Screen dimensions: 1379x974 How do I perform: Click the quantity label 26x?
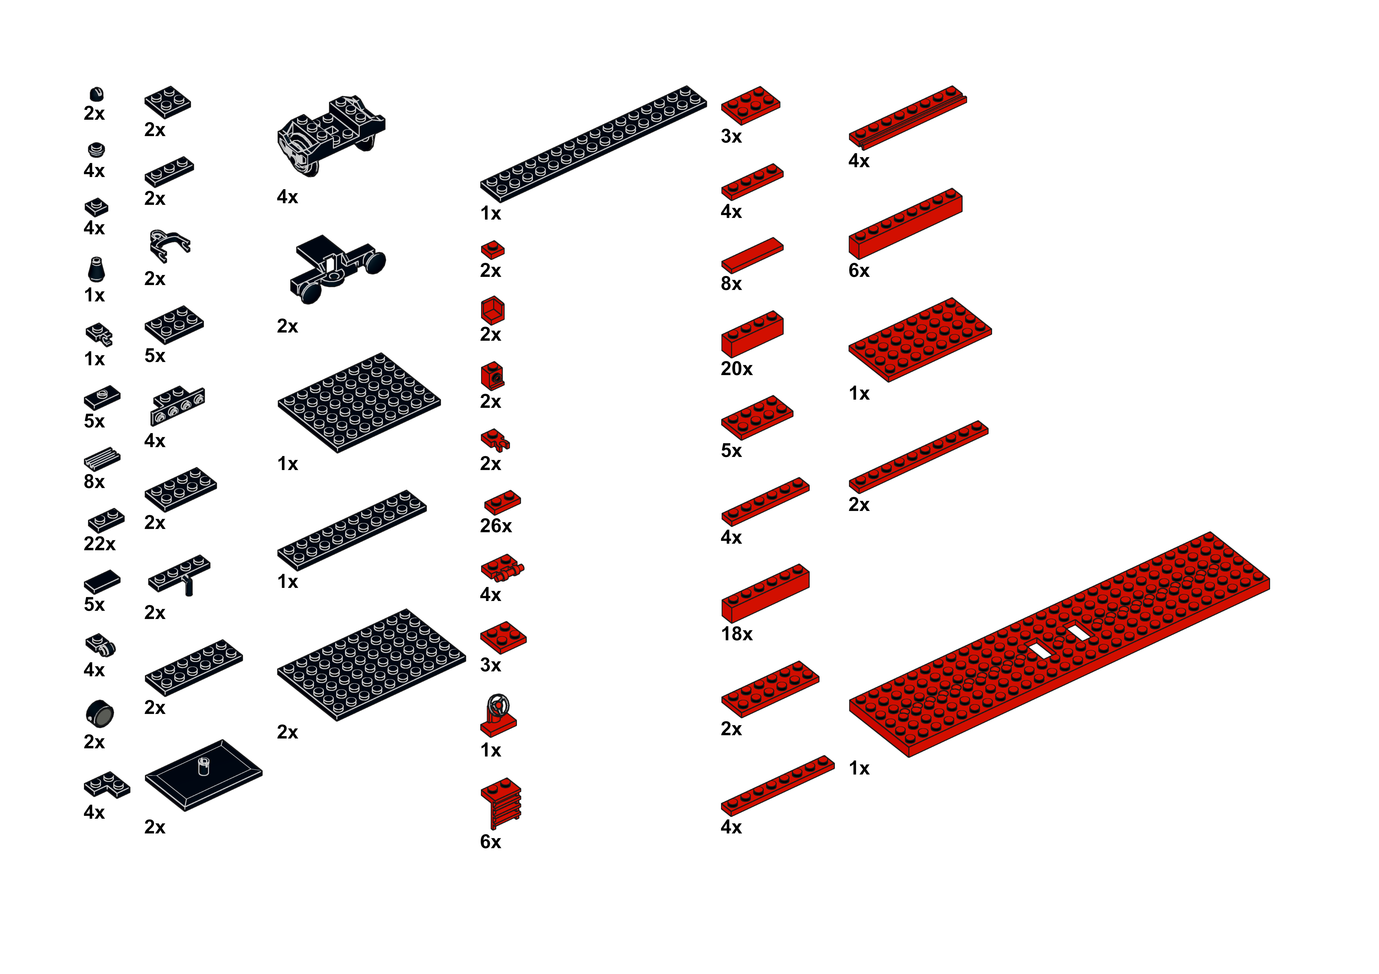tap(495, 526)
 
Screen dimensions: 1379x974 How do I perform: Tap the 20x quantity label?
tap(736, 369)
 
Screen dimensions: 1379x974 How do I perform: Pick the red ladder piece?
tap(501, 803)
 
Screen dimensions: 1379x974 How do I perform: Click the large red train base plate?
tap(1059, 644)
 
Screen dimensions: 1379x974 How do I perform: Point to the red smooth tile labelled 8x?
tap(752, 255)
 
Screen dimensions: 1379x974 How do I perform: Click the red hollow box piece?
tap(493, 310)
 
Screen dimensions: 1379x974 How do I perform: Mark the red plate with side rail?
tap(908, 118)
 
